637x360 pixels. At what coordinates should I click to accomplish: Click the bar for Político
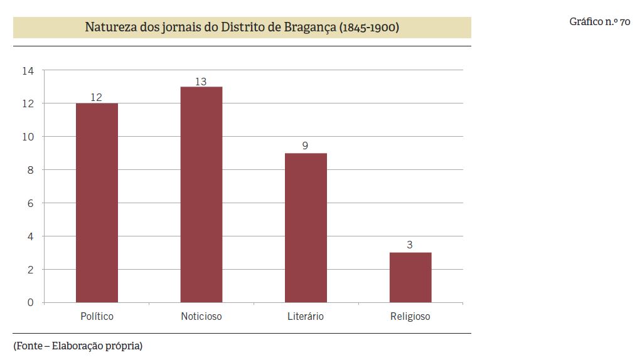pyautogui.click(x=97, y=203)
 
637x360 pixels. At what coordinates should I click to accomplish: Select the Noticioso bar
pyautogui.click(x=201, y=194)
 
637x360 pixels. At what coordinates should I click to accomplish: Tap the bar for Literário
pyautogui.click(x=306, y=228)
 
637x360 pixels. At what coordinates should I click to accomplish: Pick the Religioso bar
pyautogui.click(x=410, y=277)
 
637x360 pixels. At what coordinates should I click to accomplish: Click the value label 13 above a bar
pyautogui.click(x=201, y=81)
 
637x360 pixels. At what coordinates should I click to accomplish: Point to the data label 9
pyautogui.click(x=305, y=146)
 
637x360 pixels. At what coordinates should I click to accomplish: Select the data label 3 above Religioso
pyautogui.click(x=410, y=245)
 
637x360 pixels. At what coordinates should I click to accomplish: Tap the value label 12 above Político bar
pyautogui.click(x=96, y=97)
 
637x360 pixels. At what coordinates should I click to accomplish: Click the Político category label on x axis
pyautogui.click(x=97, y=316)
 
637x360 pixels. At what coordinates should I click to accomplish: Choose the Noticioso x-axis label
pyautogui.click(x=201, y=316)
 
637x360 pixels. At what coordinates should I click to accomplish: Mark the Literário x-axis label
pyautogui.click(x=306, y=316)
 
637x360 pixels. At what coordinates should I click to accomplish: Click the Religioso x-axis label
pyautogui.click(x=410, y=316)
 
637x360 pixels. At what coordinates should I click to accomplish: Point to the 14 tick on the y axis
pyautogui.click(x=28, y=70)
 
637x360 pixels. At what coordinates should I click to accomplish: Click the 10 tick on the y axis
pyautogui.click(x=28, y=137)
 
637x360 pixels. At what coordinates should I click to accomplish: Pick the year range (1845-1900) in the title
pyautogui.click(x=369, y=28)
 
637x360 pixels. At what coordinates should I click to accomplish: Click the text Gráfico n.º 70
pyautogui.click(x=599, y=22)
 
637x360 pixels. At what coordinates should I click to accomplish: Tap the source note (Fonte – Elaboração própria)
pyautogui.click(x=78, y=346)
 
